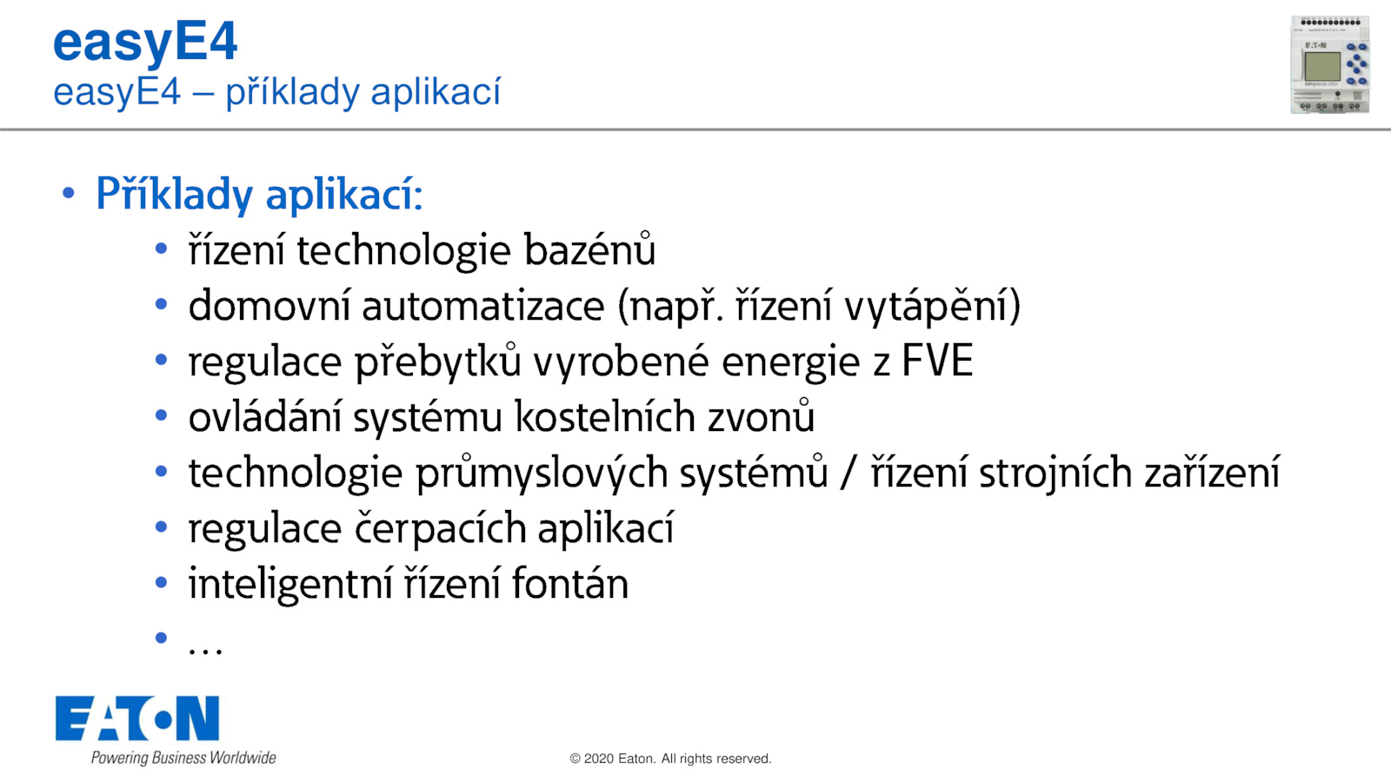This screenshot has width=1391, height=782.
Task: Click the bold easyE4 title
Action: point(144,43)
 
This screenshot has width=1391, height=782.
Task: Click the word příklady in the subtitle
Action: point(292,92)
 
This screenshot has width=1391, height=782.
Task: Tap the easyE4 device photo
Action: point(1329,64)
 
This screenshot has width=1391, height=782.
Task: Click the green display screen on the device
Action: point(1322,66)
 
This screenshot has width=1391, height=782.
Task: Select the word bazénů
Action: point(590,249)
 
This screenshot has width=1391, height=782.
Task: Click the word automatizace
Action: point(483,305)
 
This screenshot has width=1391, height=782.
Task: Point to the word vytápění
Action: point(926,306)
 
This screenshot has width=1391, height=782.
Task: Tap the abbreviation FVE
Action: point(937,361)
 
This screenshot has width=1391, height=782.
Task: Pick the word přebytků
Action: point(438,361)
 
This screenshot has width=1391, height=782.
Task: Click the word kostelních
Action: point(605,416)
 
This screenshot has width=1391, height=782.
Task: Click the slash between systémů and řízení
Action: point(849,473)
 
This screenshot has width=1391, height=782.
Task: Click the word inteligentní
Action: point(291,585)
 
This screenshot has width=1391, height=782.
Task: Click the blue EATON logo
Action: point(137,718)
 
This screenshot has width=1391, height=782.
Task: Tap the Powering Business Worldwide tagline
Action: point(183,758)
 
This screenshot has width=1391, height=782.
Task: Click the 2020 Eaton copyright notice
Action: point(670,759)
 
